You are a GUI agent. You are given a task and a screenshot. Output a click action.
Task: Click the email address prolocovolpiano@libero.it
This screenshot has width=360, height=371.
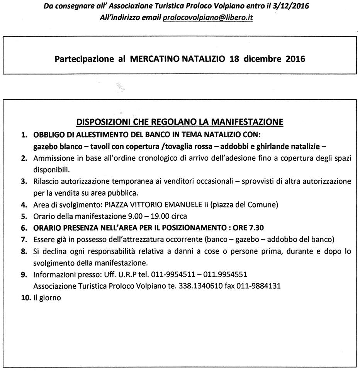(x=208, y=18)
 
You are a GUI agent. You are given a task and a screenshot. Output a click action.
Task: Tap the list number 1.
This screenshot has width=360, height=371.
(x=24, y=136)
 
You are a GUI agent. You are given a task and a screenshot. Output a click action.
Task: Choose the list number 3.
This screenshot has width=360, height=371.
(x=24, y=181)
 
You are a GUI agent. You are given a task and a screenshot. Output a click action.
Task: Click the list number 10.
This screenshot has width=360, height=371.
(x=25, y=298)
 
